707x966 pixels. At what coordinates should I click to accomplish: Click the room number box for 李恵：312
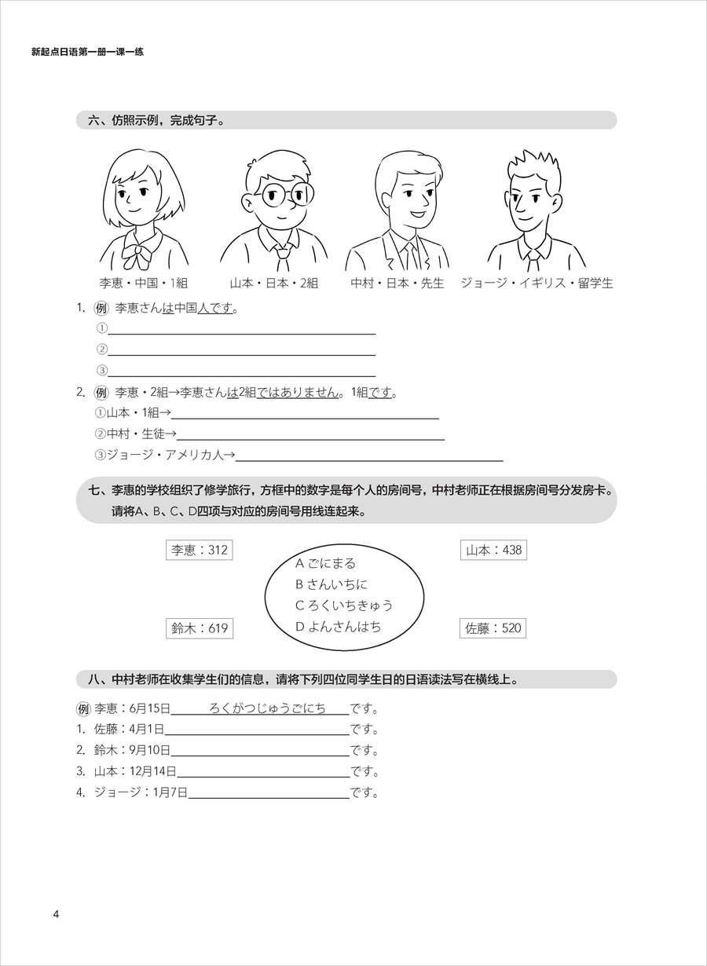pyautogui.click(x=200, y=550)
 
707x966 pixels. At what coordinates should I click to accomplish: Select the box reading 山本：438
pyautogui.click(x=493, y=550)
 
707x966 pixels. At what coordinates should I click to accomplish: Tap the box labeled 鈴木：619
pyautogui.click(x=200, y=628)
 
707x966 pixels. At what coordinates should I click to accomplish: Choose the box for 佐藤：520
pyautogui.click(x=493, y=628)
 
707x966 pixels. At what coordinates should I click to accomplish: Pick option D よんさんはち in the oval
pyautogui.click(x=338, y=626)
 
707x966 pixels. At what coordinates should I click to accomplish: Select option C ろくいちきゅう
pyautogui.click(x=343, y=605)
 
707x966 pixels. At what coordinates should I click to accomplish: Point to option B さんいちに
pyautogui.click(x=331, y=584)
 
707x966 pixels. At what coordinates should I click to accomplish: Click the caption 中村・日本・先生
pyautogui.click(x=397, y=284)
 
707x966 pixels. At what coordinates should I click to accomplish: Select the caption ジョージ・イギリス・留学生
pyautogui.click(x=537, y=284)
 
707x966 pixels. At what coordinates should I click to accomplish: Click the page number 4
pyautogui.click(x=56, y=913)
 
